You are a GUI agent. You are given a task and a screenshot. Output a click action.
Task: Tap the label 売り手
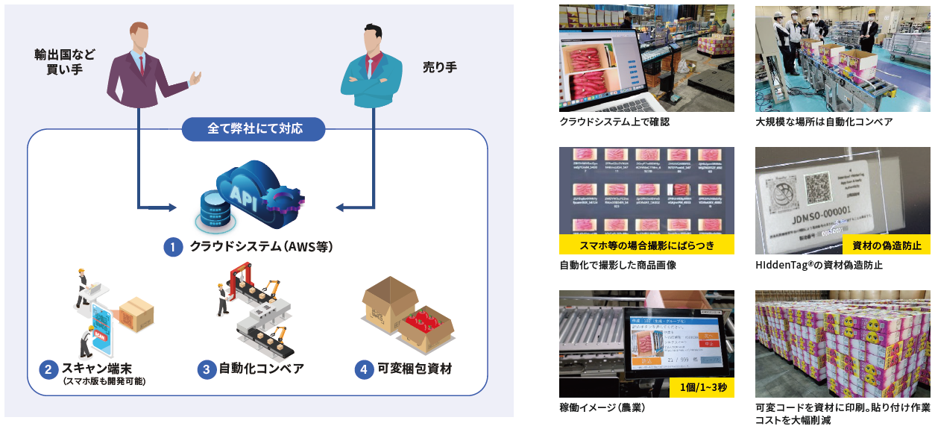440,68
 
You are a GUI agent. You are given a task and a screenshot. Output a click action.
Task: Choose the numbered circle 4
364,369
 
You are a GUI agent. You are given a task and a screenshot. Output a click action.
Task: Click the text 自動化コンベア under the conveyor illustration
261,369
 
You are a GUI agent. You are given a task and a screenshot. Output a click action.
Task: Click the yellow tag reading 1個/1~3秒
702,388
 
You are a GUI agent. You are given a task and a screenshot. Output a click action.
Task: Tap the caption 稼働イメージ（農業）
602,408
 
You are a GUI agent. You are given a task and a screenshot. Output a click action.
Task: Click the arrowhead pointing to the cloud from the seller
338,207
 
